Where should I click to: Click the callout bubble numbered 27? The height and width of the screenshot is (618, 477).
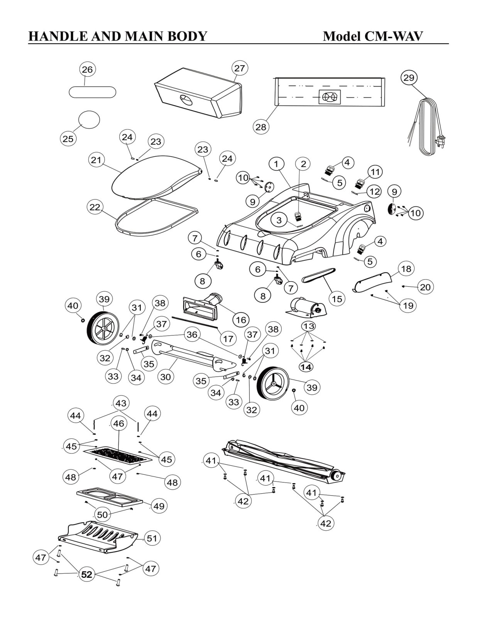point(240,68)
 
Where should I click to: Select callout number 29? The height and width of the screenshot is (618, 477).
point(409,78)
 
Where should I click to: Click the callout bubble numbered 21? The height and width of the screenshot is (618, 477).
point(96,160)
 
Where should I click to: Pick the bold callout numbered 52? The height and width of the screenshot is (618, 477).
point(87,575)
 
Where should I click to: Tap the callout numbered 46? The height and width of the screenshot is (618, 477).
point(118,423)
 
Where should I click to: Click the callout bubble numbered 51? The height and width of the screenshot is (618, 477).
point(152,538)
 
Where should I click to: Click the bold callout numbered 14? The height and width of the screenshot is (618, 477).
point(306,367)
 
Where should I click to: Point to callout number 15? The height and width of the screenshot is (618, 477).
point(337,299)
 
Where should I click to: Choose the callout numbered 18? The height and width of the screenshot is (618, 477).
point(406,269)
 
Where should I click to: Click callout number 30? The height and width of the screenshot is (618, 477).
point(166,376)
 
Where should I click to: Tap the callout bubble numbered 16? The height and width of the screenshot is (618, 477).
point(240,320)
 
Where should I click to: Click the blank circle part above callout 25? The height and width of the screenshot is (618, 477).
point(89,120)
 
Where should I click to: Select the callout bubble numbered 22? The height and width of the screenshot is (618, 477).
point(95,207)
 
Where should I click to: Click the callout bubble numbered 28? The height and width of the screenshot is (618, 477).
point(261,127)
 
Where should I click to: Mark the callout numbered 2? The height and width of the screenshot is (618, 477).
point(303,164)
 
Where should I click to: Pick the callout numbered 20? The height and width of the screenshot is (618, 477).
point(425,287)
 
